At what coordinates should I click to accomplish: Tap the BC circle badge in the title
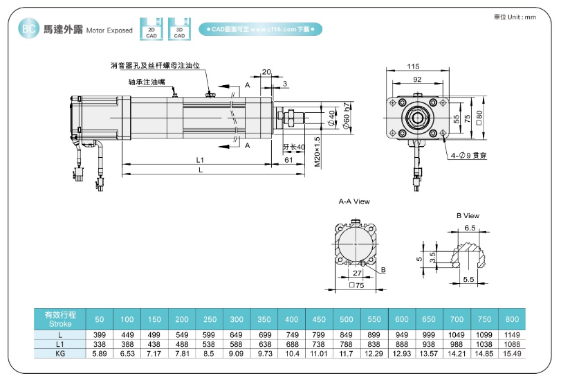click(x=28, y=29)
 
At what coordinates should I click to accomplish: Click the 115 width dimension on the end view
click(x=413, y=66)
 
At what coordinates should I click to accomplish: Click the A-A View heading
click(x=353, y=201)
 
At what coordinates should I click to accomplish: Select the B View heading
click(x=468, y=216)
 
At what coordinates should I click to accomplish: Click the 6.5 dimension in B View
click(x=470, y=227)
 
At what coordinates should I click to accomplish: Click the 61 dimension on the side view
click(x=288, y=160)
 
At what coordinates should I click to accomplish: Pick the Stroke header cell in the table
click(x=59, y=318)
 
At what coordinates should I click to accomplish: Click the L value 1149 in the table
click(x=512, y=334)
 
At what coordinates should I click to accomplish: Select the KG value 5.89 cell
click(x=99, y=353)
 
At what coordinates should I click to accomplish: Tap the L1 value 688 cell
click(x=291, y=344)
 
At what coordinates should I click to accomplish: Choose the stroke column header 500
click(x=347, y=318)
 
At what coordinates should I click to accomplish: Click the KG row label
click(x=59, y=353)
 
